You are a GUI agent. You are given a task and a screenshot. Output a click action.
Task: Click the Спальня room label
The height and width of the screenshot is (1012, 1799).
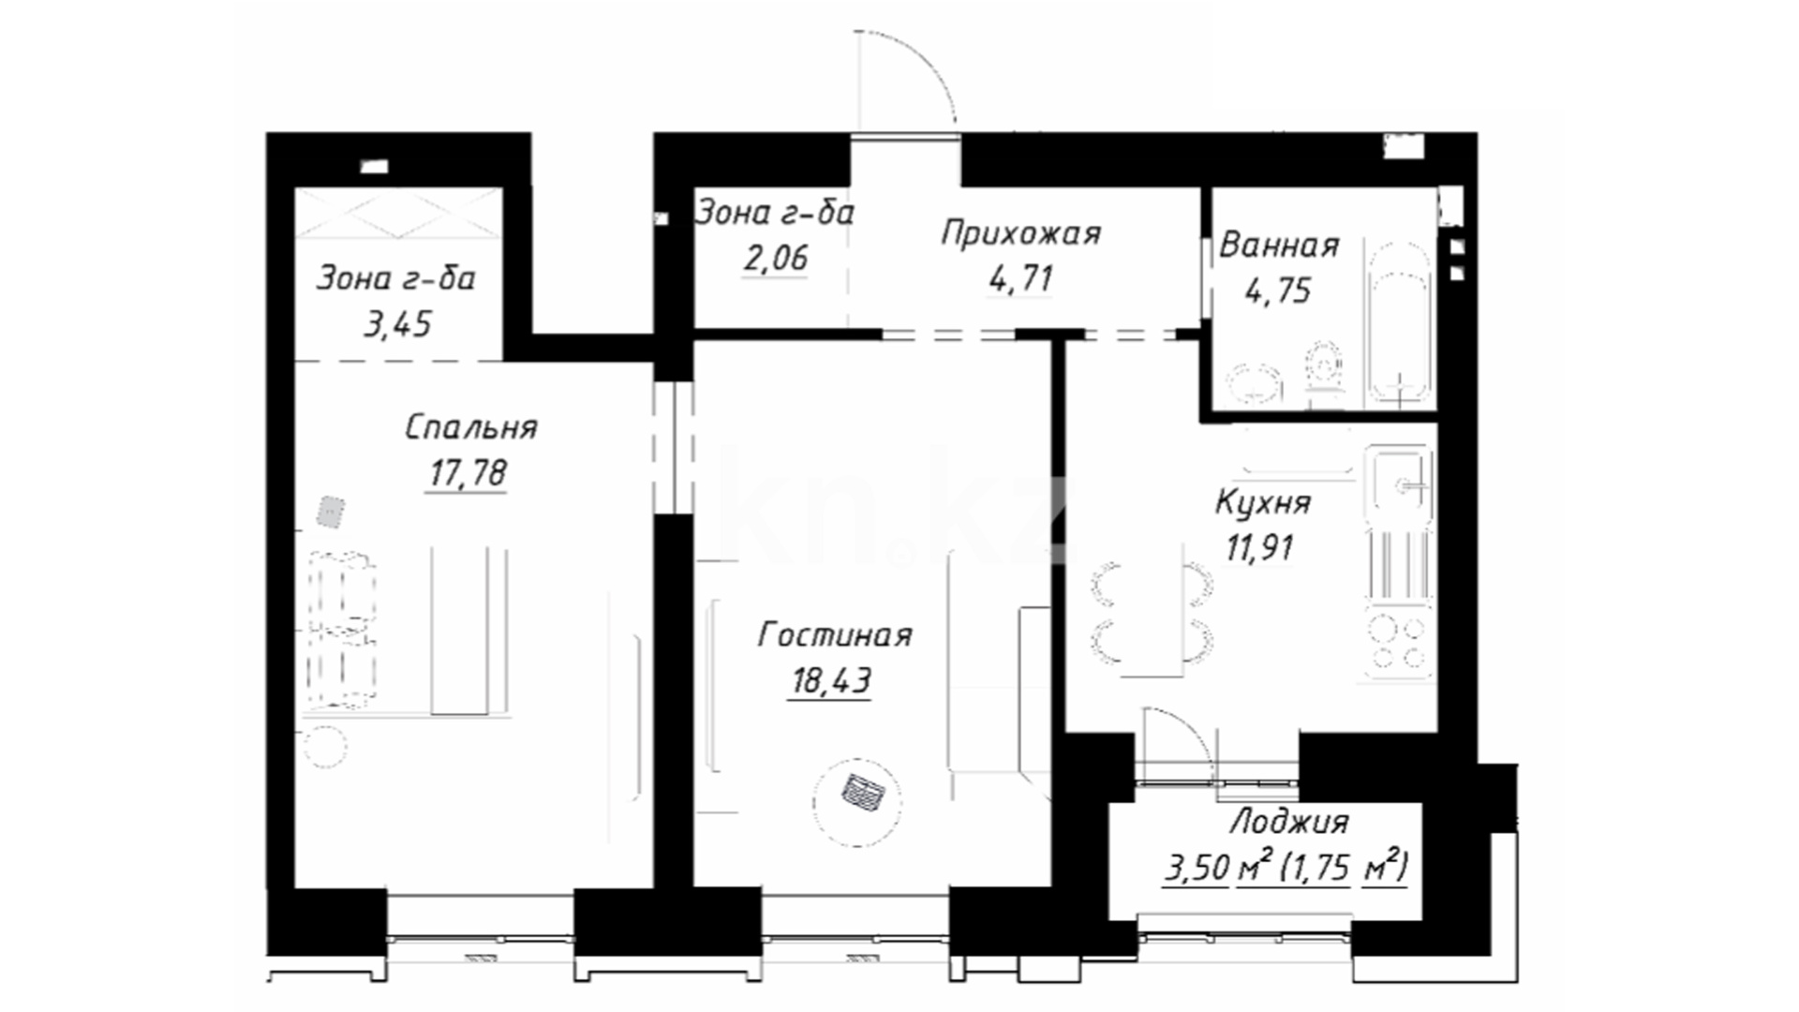tap(471, 428)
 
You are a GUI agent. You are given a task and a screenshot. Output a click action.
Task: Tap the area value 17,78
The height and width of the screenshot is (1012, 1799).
tap(468, 473)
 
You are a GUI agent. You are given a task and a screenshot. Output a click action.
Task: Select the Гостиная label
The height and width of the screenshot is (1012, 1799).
tap(835, 635)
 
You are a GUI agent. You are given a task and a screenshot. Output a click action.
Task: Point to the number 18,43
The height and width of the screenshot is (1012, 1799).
tap(831, 681)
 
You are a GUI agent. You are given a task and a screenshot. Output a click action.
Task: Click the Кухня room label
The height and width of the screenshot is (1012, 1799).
tap(1263, 503)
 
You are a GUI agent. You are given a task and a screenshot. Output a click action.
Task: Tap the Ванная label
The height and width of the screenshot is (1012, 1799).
tap(1279, 246)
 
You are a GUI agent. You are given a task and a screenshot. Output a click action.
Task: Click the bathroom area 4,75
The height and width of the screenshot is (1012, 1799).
tap(1277, 291)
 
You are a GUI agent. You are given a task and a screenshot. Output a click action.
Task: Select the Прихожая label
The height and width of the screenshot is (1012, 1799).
tap(1020, 233)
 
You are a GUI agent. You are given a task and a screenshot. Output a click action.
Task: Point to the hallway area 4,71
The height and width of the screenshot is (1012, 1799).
tap(1020, 278)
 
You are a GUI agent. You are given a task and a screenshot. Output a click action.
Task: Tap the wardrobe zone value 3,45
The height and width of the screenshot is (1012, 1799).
tap(397, 324)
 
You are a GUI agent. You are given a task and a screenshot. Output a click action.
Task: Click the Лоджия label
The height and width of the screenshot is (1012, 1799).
tap(1288, 823)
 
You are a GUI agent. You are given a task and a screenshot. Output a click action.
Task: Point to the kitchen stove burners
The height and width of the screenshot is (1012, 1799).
tap(1399, 643)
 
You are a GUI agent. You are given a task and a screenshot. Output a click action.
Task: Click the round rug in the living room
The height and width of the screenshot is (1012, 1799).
tap(857, 801)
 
